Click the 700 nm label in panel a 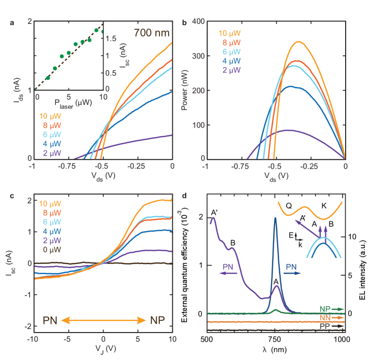[152, 34]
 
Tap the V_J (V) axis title [103, 349]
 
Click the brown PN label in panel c [50, 320]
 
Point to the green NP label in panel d [326, 308]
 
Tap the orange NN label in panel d [326, 317]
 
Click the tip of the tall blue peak [275, 218]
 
